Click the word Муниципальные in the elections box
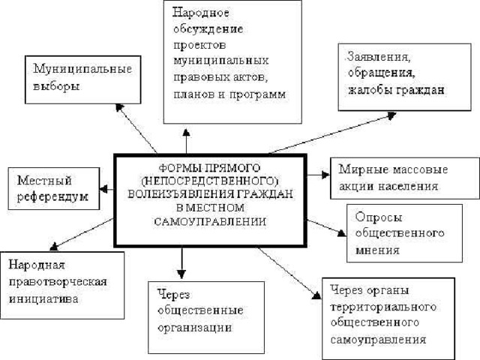click(x=82, y=69)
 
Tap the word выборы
click(x=56, y=86)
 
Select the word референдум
click(x=52, y=196)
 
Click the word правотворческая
click(x=58, y=282)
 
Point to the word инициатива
click(x=43, y=298)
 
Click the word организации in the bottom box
click(x=195, y=328)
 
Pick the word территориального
click(x=383, y=307)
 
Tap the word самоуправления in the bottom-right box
click(x=378, y=340)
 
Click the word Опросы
click(x=379, y=217)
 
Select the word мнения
click(x=377, y=250)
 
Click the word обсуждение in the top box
click(x=208, y=29)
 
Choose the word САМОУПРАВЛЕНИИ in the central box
click(x=210, y=222)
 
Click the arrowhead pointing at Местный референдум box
click(x=103, y=189)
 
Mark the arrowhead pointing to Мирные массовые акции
click(x=326, y=175)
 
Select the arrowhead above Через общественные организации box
click(x=181, y=274)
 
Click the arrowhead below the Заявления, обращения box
click(x=391, y=115)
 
